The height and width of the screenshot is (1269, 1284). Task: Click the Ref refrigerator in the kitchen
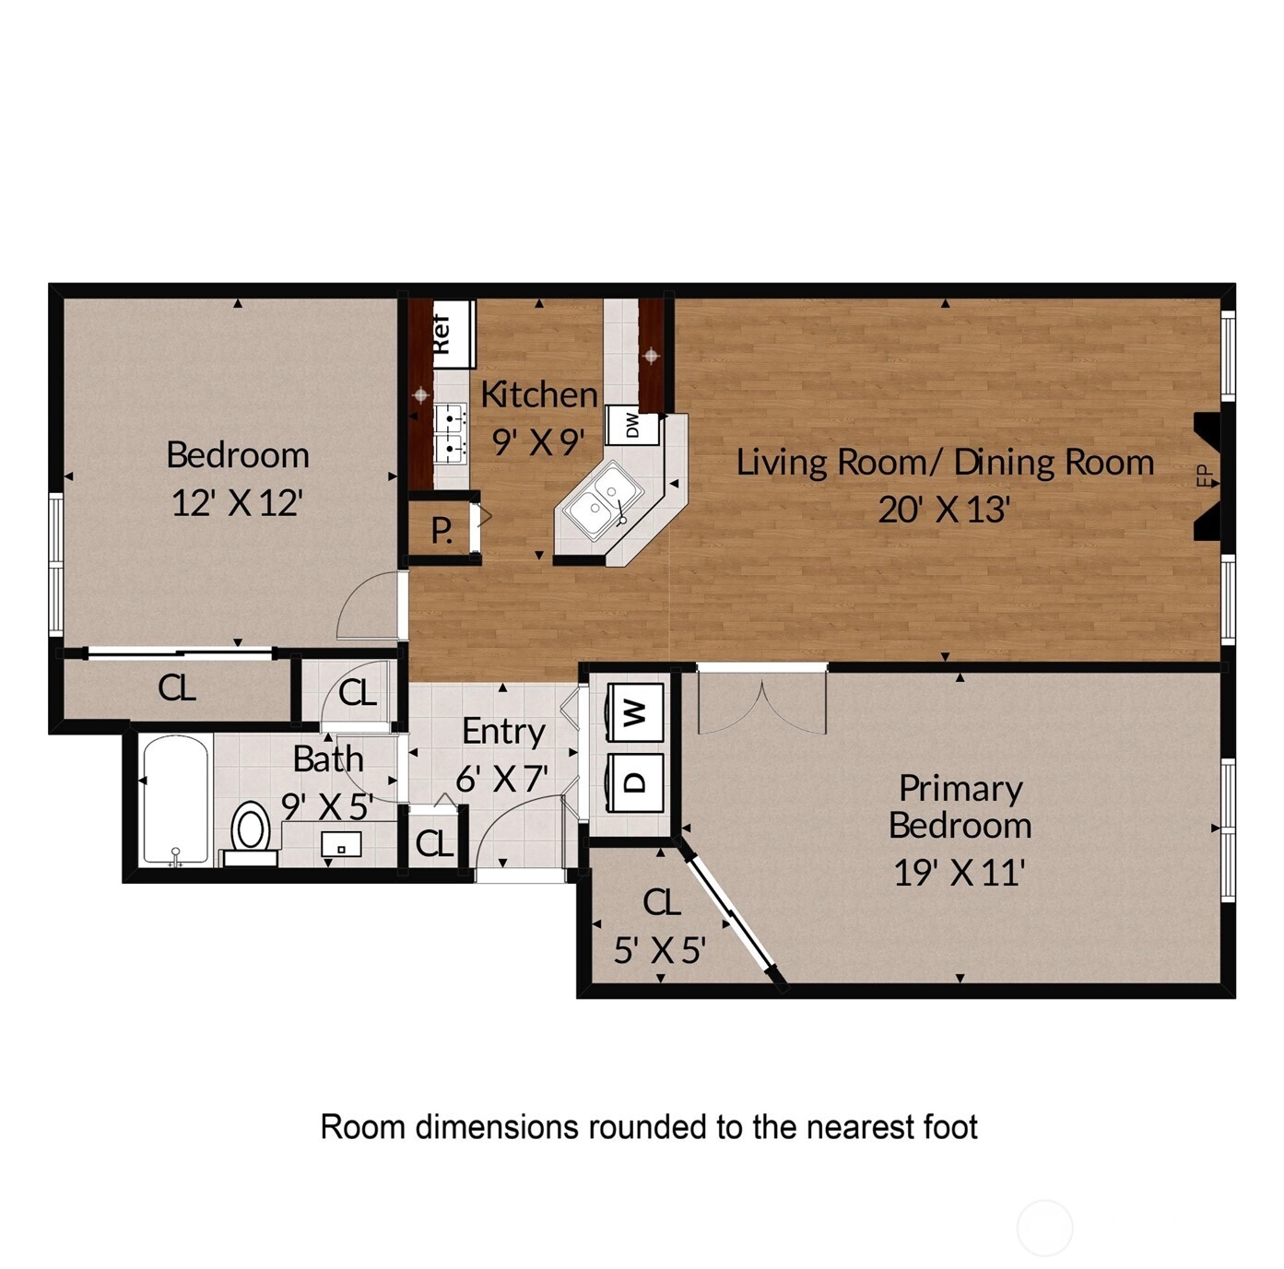click(454, 334)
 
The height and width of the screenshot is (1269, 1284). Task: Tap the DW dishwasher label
click(632, 425)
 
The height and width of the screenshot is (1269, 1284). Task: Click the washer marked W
click(635, 711)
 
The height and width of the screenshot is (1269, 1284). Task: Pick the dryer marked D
click(635, 781)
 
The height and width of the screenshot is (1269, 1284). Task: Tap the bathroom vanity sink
click(341, 844)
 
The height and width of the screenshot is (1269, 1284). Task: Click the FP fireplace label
click(1206, 476)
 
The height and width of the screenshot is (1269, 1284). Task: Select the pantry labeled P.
click(442, 530)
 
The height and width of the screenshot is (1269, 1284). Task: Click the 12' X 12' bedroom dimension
click(238, 502)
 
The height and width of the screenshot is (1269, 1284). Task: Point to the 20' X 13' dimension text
click(944, 510)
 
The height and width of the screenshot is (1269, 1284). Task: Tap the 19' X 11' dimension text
click(959, 872)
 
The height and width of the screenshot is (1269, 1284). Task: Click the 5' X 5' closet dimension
click(659, 950)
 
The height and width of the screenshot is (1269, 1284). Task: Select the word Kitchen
click(539, 394)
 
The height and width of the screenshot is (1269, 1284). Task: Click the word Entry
click(503, 733)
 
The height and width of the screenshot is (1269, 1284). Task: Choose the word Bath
click(328, 759)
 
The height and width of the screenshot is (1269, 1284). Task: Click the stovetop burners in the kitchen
click(451, 434)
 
